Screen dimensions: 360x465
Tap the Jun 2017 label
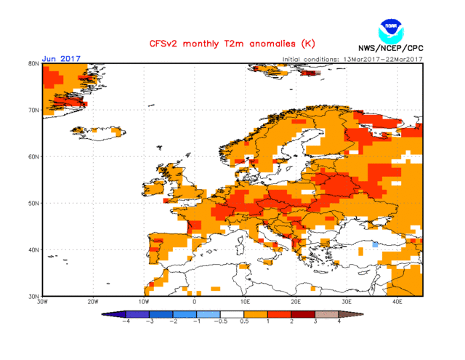(61, 58)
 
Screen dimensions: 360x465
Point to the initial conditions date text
(352, 59)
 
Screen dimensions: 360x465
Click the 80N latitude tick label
(33, 63)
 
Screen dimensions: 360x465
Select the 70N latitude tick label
(33, 110)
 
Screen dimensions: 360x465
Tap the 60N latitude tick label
(33, 156)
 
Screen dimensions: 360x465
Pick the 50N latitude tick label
(33, 203)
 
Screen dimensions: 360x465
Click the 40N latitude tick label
(33, 249)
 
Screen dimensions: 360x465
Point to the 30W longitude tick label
(42, 301)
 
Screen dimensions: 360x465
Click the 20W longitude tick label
(93, 301)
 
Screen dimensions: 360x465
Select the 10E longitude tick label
(245, 301)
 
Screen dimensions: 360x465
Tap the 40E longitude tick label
(397, 301)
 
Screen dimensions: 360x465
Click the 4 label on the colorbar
(339, 321)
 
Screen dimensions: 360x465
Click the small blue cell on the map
(375, 245)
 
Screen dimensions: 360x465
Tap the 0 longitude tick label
(194, 301)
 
